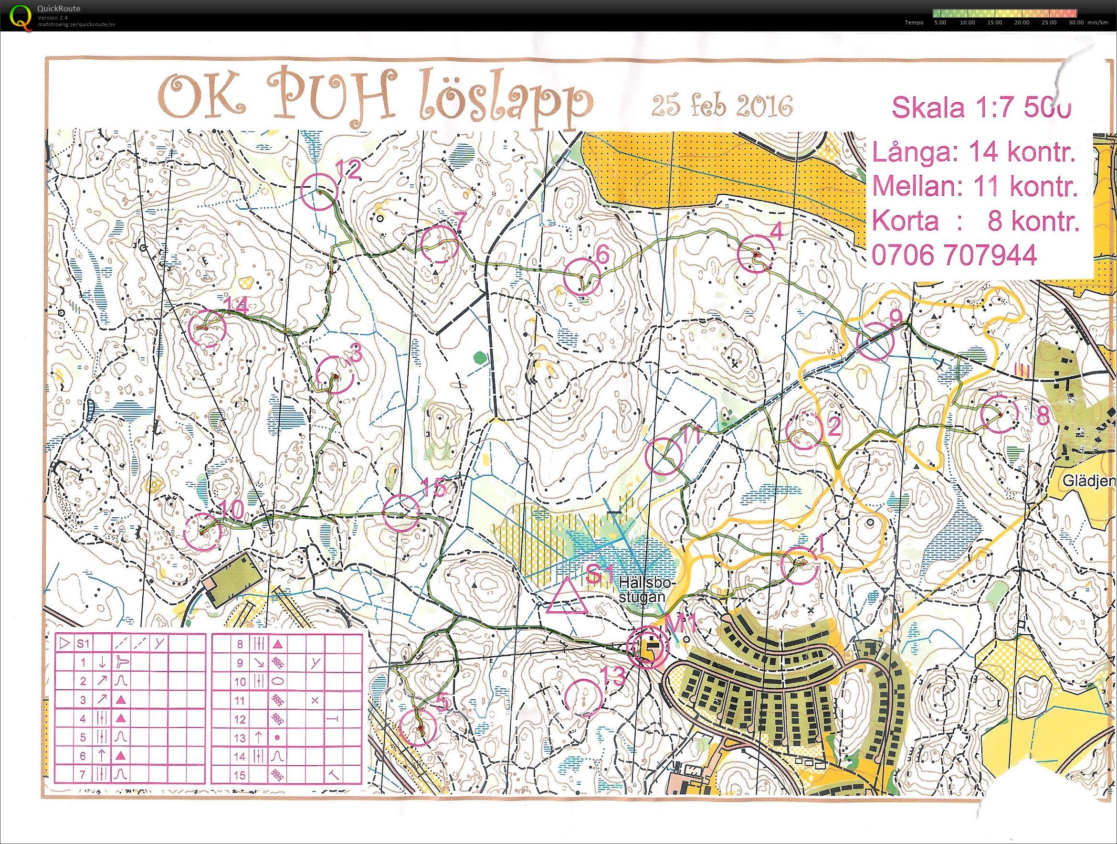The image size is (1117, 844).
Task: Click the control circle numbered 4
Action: pos(756,254)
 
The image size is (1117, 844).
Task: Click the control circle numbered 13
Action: pos(583,697)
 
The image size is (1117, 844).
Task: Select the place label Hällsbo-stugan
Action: pos(647,588)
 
